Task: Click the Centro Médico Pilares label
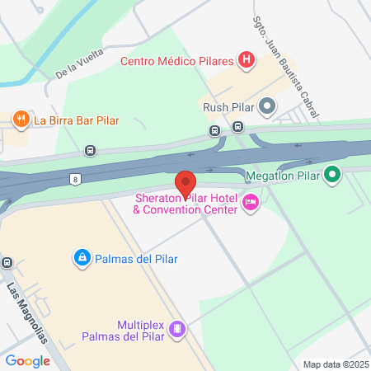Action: coord(177,60)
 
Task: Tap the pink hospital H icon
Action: coord(246,59)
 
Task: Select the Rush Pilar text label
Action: coord(227,106)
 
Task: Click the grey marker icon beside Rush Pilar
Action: coord(266,106)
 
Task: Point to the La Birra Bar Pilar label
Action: coord(77,120)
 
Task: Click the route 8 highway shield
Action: coord(75,178)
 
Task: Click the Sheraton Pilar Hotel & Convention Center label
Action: coord(185,204)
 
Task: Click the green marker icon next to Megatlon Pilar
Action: coord(331,175)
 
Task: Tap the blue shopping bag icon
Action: coord(82,259)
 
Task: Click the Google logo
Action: coord(27,360)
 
